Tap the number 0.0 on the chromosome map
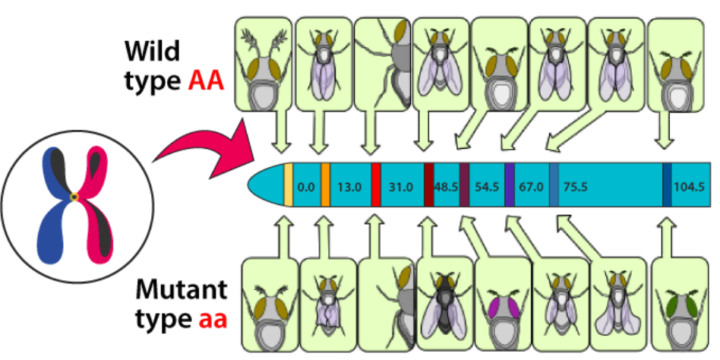306,186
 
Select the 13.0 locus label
350,186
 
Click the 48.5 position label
445,186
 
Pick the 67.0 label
530,186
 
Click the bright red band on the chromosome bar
376,185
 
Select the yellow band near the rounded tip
288,185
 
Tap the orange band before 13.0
325,185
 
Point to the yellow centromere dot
74,198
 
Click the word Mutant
182,291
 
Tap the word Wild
153,53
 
